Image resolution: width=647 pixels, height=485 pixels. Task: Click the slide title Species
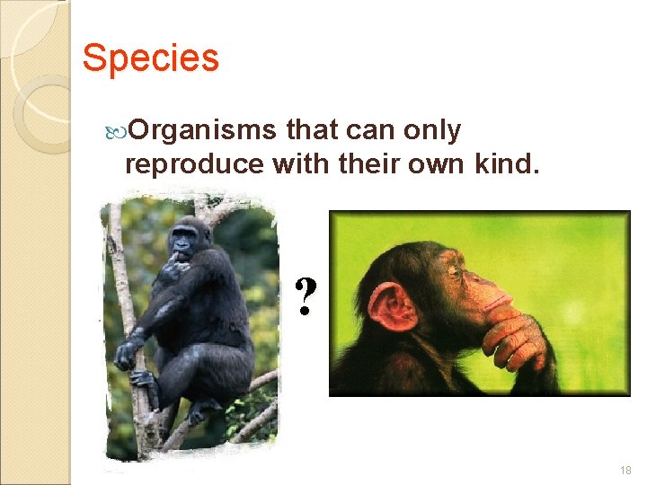coord(150,59)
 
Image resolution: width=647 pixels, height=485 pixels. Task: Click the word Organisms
coord(203,131)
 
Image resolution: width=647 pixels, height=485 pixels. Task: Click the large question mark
coord(306,296)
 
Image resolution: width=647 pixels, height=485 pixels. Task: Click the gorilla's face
coord(184,240)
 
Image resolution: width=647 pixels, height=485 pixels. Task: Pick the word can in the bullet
coord(363,131)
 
